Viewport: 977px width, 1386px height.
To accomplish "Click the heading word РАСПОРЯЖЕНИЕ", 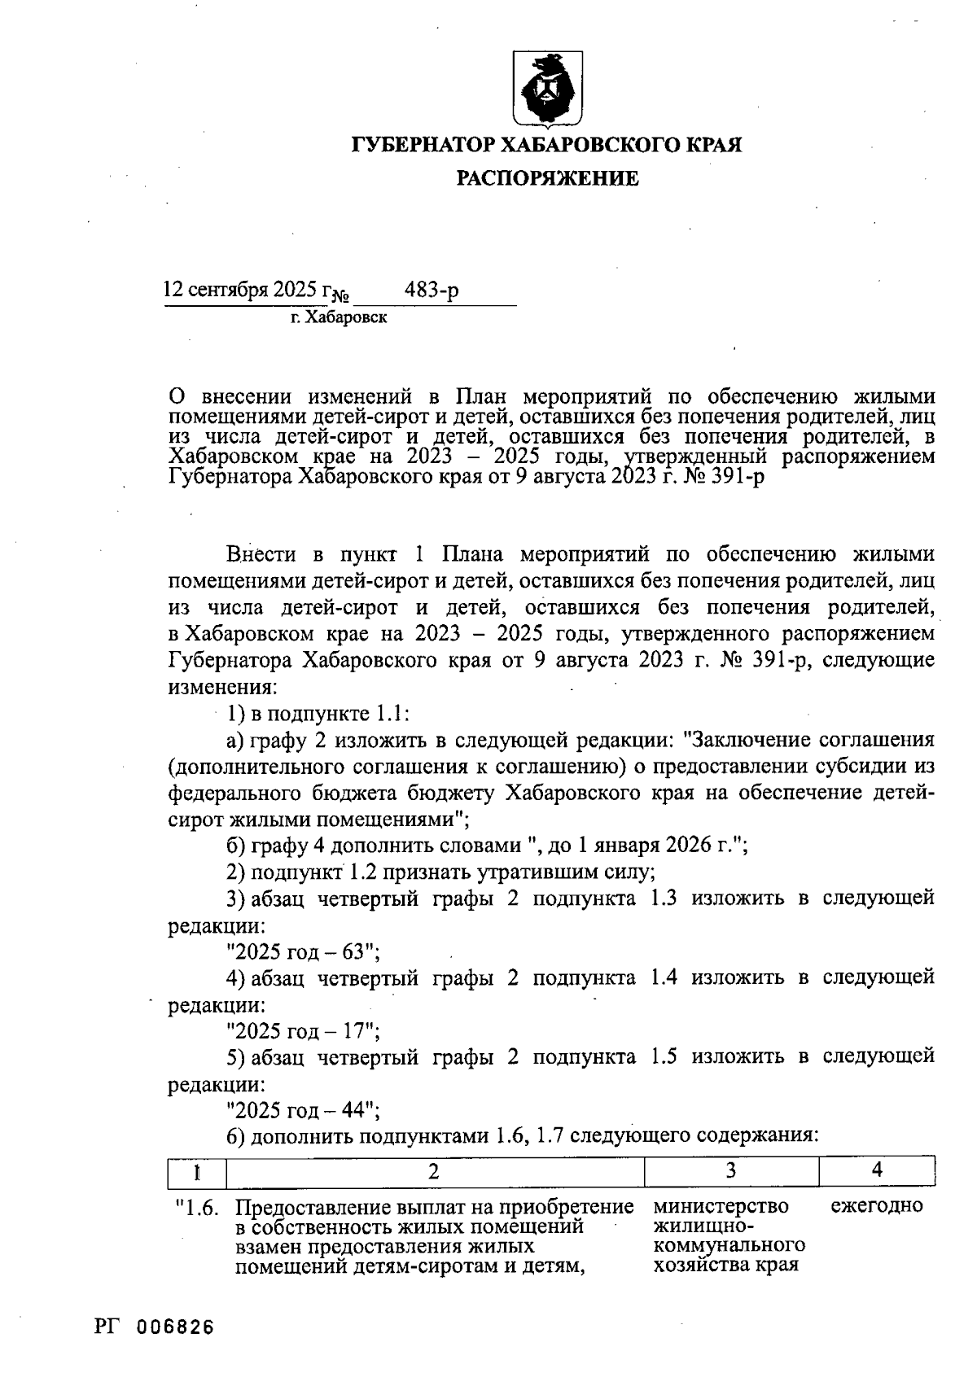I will [547, 178].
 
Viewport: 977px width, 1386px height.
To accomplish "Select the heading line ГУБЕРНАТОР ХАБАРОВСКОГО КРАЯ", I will [547, 146].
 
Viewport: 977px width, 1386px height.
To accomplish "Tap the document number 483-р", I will [432, 290].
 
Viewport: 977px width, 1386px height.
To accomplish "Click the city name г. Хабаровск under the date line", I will [340, 318].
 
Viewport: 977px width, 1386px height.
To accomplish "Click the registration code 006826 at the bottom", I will [175, 1327].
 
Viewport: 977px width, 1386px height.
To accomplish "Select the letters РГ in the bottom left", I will [107, 1327].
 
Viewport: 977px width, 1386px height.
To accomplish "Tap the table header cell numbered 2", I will [434, 1171].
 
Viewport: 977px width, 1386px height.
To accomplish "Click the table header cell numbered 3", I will [730, 1171].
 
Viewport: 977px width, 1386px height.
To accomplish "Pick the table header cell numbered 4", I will [876, 1171].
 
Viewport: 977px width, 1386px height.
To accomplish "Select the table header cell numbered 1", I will [196, 1171].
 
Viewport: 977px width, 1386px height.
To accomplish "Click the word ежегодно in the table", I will [877, 1205].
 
